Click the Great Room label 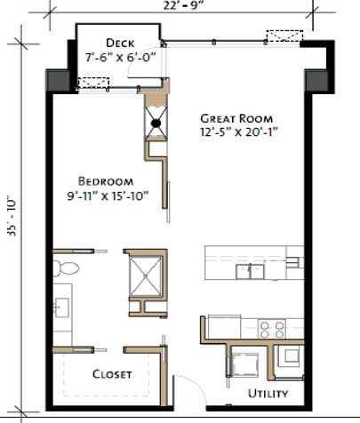coord(236,117)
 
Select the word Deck coord(119,43)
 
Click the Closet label coord(112,374)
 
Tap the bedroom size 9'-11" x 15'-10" coord(108,194)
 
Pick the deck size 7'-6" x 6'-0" coord(119,57)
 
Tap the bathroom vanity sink coord(61,307)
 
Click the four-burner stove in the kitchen coord(272,330)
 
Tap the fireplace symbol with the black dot coord(155,124)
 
